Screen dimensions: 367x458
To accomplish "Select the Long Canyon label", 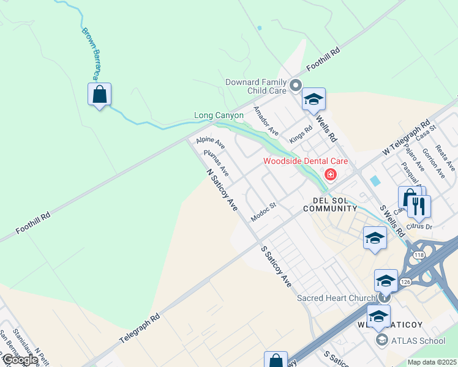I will tap(219, 115).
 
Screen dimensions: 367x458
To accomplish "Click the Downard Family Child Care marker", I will tap(296, 86).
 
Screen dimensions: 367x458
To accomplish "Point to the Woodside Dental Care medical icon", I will tap(331, 175).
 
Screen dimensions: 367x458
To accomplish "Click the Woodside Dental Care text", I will tap(306, 161).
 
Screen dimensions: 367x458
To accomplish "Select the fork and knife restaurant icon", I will tap(419, 206).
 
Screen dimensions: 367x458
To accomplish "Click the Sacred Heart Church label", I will tap(336, 298).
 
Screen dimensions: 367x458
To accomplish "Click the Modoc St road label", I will tap(265, 212).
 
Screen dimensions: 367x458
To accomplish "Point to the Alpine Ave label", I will tap(211, 143).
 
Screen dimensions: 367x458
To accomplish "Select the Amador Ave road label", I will tap(266, 122).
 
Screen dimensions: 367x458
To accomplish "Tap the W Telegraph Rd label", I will tap(406, 136).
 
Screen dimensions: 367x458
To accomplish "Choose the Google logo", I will tap(20, 360).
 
